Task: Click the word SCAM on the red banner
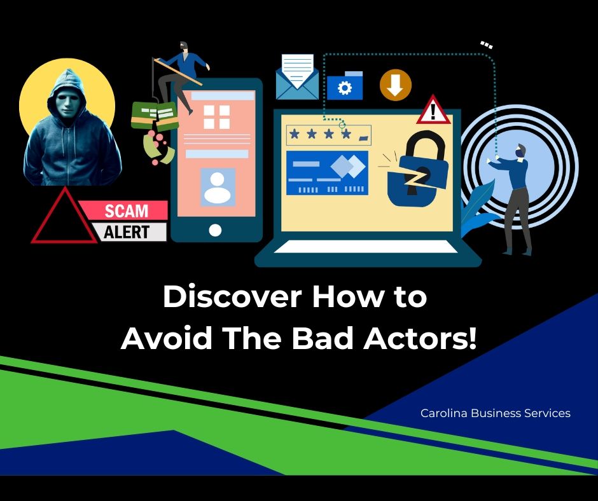126,211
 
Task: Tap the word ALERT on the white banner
126,232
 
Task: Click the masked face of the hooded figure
67,101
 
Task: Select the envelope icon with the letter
298,77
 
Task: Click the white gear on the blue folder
345,88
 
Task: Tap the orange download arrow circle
396,85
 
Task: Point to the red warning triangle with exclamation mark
433,110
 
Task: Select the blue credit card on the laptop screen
327,173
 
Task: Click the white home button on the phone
216,230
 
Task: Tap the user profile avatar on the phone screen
218,188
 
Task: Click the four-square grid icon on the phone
217,117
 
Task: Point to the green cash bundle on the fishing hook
155,116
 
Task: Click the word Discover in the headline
232,297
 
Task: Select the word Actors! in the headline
420,338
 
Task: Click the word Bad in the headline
323,338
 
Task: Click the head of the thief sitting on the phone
184,46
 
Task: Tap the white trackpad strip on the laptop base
366,247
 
